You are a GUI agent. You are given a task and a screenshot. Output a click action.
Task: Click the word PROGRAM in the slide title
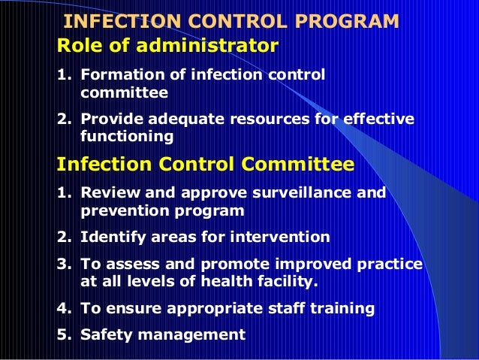pos(350,22)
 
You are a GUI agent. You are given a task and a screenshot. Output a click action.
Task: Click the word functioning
pos(126,137)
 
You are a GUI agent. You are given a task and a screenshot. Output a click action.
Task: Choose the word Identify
pos(110,237)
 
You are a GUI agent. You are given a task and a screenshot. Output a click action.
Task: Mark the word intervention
pos(282,237)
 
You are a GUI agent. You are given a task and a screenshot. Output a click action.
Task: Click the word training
pos(343,307)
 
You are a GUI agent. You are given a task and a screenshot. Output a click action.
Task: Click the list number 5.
pos(62,334)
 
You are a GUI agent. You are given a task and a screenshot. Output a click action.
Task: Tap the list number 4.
pos(62,307)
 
